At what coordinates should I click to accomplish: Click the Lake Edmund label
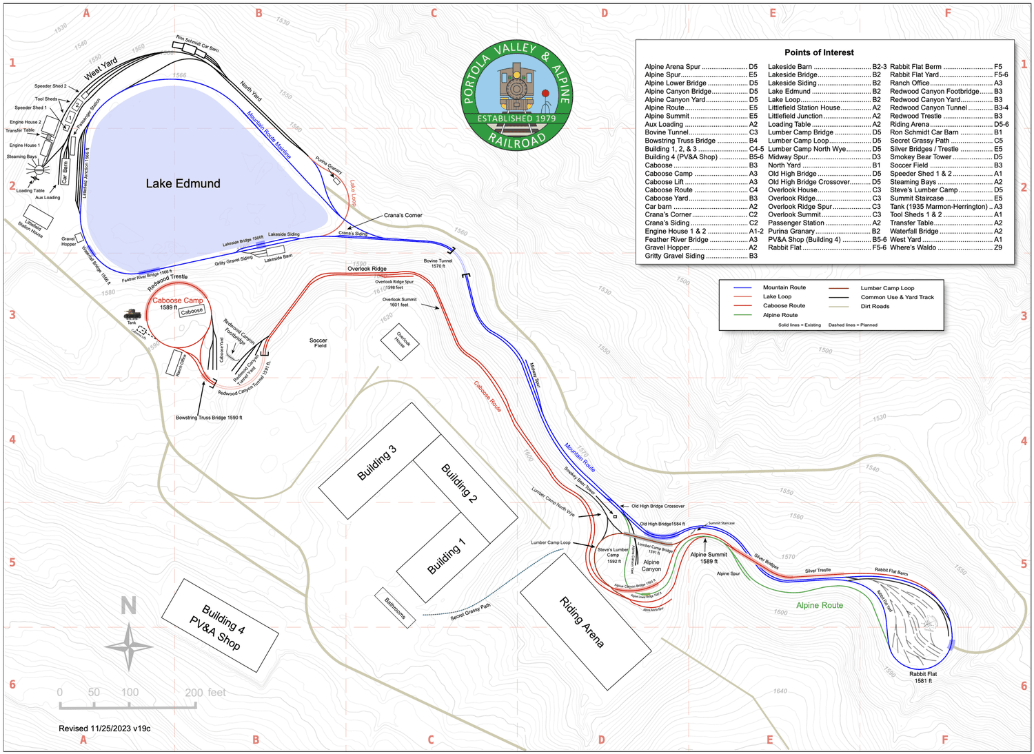[183, 183]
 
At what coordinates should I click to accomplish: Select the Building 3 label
[376, 462]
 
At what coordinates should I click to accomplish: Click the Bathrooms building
[395, 607]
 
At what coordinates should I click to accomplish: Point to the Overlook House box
[400, 341]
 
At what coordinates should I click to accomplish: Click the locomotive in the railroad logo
[516, 88]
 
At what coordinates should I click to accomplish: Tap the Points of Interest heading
[819, 52]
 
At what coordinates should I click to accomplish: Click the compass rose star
[129, 646]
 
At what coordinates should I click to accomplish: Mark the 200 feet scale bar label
[205, 693]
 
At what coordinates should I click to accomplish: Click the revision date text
[105, 728]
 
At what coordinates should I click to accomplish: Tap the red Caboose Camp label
[178, 300]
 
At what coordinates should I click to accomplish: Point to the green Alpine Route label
[819, 605]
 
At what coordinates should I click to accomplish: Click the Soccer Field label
[318, 343]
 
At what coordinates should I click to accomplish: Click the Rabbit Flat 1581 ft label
[922, 677]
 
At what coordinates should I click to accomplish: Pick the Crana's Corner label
[403, 215]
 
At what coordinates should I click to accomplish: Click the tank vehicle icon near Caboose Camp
[132, 314]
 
